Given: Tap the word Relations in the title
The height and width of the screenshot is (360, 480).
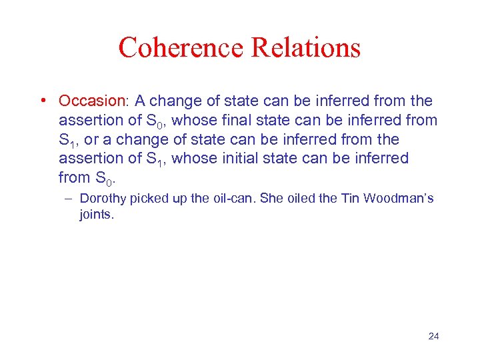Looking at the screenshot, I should [x=305, y=48].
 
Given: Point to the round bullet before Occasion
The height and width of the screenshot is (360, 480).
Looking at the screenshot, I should [x=43, y=101].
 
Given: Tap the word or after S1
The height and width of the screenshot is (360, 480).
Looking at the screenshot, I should [x=89, y=140].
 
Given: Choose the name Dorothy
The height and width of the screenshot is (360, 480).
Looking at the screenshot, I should [x=104, y=198].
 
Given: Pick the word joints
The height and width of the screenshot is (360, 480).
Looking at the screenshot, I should [x=97, y=215].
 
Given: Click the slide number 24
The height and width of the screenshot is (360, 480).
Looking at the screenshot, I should [x=433, y=336].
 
